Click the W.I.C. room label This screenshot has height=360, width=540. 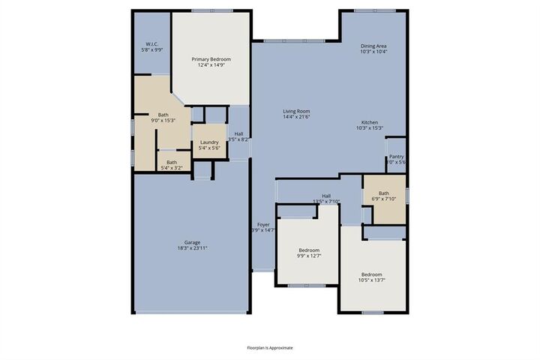pos(152,43)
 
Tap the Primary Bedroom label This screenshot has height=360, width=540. pos(211,59)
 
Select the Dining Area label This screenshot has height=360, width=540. pos(373,46)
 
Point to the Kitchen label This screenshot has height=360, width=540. pos(370,122)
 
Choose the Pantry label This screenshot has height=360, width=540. pos(396,157)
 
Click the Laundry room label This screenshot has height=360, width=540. pos(209,142)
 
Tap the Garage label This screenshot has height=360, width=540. pos(193,242)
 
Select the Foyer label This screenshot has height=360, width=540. pos(263,224)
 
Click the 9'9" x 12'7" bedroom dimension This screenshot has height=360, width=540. pos(309,256)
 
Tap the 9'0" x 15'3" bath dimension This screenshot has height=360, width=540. pos(163,120)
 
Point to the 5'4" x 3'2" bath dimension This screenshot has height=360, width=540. pos(172,168)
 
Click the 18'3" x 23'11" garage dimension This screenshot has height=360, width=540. pos(193,248)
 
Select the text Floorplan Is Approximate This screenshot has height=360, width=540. pos(270,348)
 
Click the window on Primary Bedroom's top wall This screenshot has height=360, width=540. pos(211,10)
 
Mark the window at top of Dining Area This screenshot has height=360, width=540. pos(374,10)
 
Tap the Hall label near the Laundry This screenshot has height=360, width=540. pos(238,133)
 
